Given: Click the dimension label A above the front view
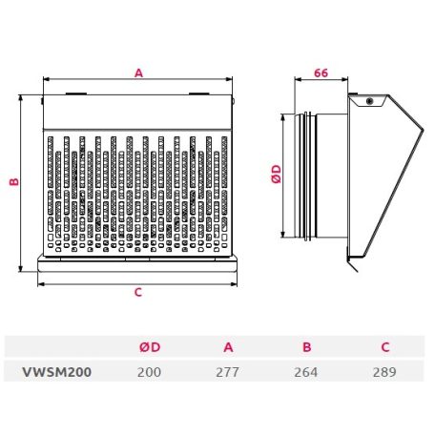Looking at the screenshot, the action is pyautogui.click(x=138, y=73).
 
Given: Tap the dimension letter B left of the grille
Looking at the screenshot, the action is pyautogui.click(x=14, y=182).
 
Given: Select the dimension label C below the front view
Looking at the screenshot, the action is pyautogui.click(x=138, y=292).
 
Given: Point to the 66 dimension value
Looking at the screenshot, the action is pyautogui.click(x=321, y=73).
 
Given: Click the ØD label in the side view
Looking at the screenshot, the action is pyautogui.click(x=277, y=174).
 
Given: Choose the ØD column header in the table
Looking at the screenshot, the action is pyautogui.click(x=150, y=347).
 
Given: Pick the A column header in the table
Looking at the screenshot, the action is pyautogui.click(x=228, y=347).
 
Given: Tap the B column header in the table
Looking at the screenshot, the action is pyautogui.click(x=306, y=347).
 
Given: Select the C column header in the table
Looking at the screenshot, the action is pyautogui.click(x=385, y=347).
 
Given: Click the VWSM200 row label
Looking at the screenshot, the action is pyautogui.click(x=57, y=372).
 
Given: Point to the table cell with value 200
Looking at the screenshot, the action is pyautogui.click(x=149, y=372).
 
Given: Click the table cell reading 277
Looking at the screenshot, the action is pyautogui.click(x=227, y=372).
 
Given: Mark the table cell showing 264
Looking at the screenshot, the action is pyautogui.click(x=306, y=372).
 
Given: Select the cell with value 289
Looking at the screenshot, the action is pyautogui.click(x=384, y=372).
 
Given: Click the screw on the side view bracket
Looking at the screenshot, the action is pyautogui.click(x=369, y=101).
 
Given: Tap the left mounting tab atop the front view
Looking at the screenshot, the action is pyautogui.click(x=76, y=93).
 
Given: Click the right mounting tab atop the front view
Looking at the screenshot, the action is pyautogui.click(x=199, y=93).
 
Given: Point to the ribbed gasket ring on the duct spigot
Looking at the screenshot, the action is pyautogui.click(x=308, y=176).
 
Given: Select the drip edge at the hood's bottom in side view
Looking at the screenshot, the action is pyautogui.click(x=352, y=264).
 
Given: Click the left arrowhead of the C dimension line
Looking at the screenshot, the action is pyautogui.click(x=40, y=284).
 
